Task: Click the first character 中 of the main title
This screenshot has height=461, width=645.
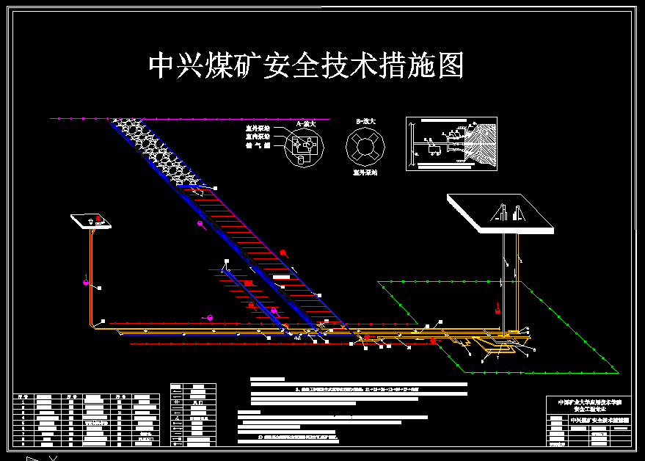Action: (x=163, y=65)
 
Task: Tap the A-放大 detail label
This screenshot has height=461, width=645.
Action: (x=305, y=124)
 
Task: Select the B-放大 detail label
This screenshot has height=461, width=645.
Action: (x=365, y=121)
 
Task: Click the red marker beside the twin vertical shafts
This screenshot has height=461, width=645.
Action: (x=498, y=311)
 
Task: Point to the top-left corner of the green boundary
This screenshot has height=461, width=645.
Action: (x=379, y=281)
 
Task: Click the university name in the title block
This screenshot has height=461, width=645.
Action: (x=588, y=402)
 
